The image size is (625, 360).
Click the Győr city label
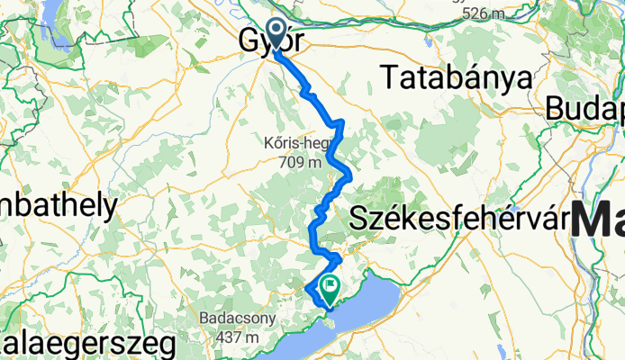[x=270, y=42]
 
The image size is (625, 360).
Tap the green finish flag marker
[x=331, y=290]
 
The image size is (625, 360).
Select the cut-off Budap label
[x=584, y=109]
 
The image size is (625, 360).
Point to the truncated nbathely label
[x=58, y=206]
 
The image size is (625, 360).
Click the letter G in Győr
[x=249, y=42]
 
